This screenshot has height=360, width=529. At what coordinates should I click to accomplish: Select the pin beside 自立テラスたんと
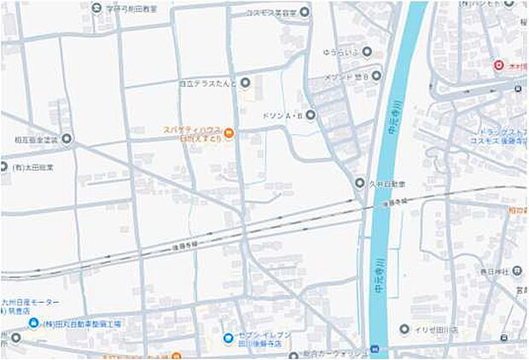coord(245,83)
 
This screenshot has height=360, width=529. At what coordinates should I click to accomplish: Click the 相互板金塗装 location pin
coord(67,138)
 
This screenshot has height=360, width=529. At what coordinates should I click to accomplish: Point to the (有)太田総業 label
coord(33,166)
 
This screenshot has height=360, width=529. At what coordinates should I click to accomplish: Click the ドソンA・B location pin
coord(311,114)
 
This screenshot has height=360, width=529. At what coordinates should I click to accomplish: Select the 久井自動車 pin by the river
coord(359,183)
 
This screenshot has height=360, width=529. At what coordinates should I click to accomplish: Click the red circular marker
coord(498,65)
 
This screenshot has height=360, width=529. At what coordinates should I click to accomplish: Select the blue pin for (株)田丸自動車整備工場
coord(32,323)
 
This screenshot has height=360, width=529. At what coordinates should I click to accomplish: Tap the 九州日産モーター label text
coord(36,303)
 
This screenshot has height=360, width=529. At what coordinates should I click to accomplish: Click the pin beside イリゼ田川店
coord(404,329)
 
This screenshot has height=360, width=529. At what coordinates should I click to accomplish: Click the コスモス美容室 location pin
coord(305,12)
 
